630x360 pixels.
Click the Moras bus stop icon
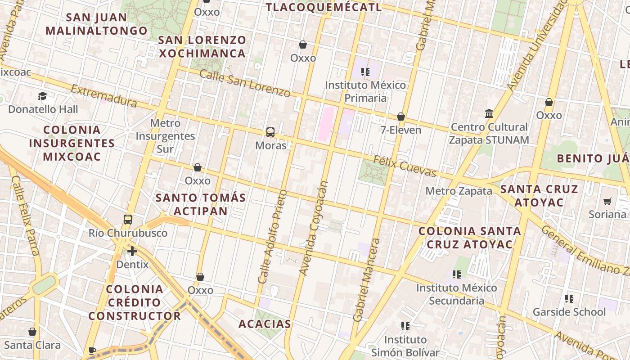click(x=270, y=132)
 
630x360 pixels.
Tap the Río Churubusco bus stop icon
click(x=128, y=220)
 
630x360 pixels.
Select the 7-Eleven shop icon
click(x=401, y=117)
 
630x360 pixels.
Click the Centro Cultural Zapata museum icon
click(x=489, y=113)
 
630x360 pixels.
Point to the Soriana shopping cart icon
click(x=607, y=201)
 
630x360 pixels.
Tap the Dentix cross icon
click(x=132, y=251)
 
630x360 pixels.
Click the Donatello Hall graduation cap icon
click(x=43, y=96)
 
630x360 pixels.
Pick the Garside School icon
click(x=569, y=298)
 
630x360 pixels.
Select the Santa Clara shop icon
click(x=32, y=332)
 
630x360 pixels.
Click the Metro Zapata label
click(x=459, y=191)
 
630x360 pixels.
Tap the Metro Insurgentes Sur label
click(x=166, y=136)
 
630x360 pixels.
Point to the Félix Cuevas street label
click(x=405, y=166)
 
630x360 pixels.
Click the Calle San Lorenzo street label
click(x=245, y=84)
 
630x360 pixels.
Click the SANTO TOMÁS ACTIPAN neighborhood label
click(x=201, y=204)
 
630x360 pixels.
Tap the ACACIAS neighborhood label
click(x=265, y=324)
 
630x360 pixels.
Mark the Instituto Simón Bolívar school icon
click(x=405, y=326)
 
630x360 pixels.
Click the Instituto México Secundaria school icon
click(x=457, y=274)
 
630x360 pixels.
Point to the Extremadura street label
click(x=104, y=96)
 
